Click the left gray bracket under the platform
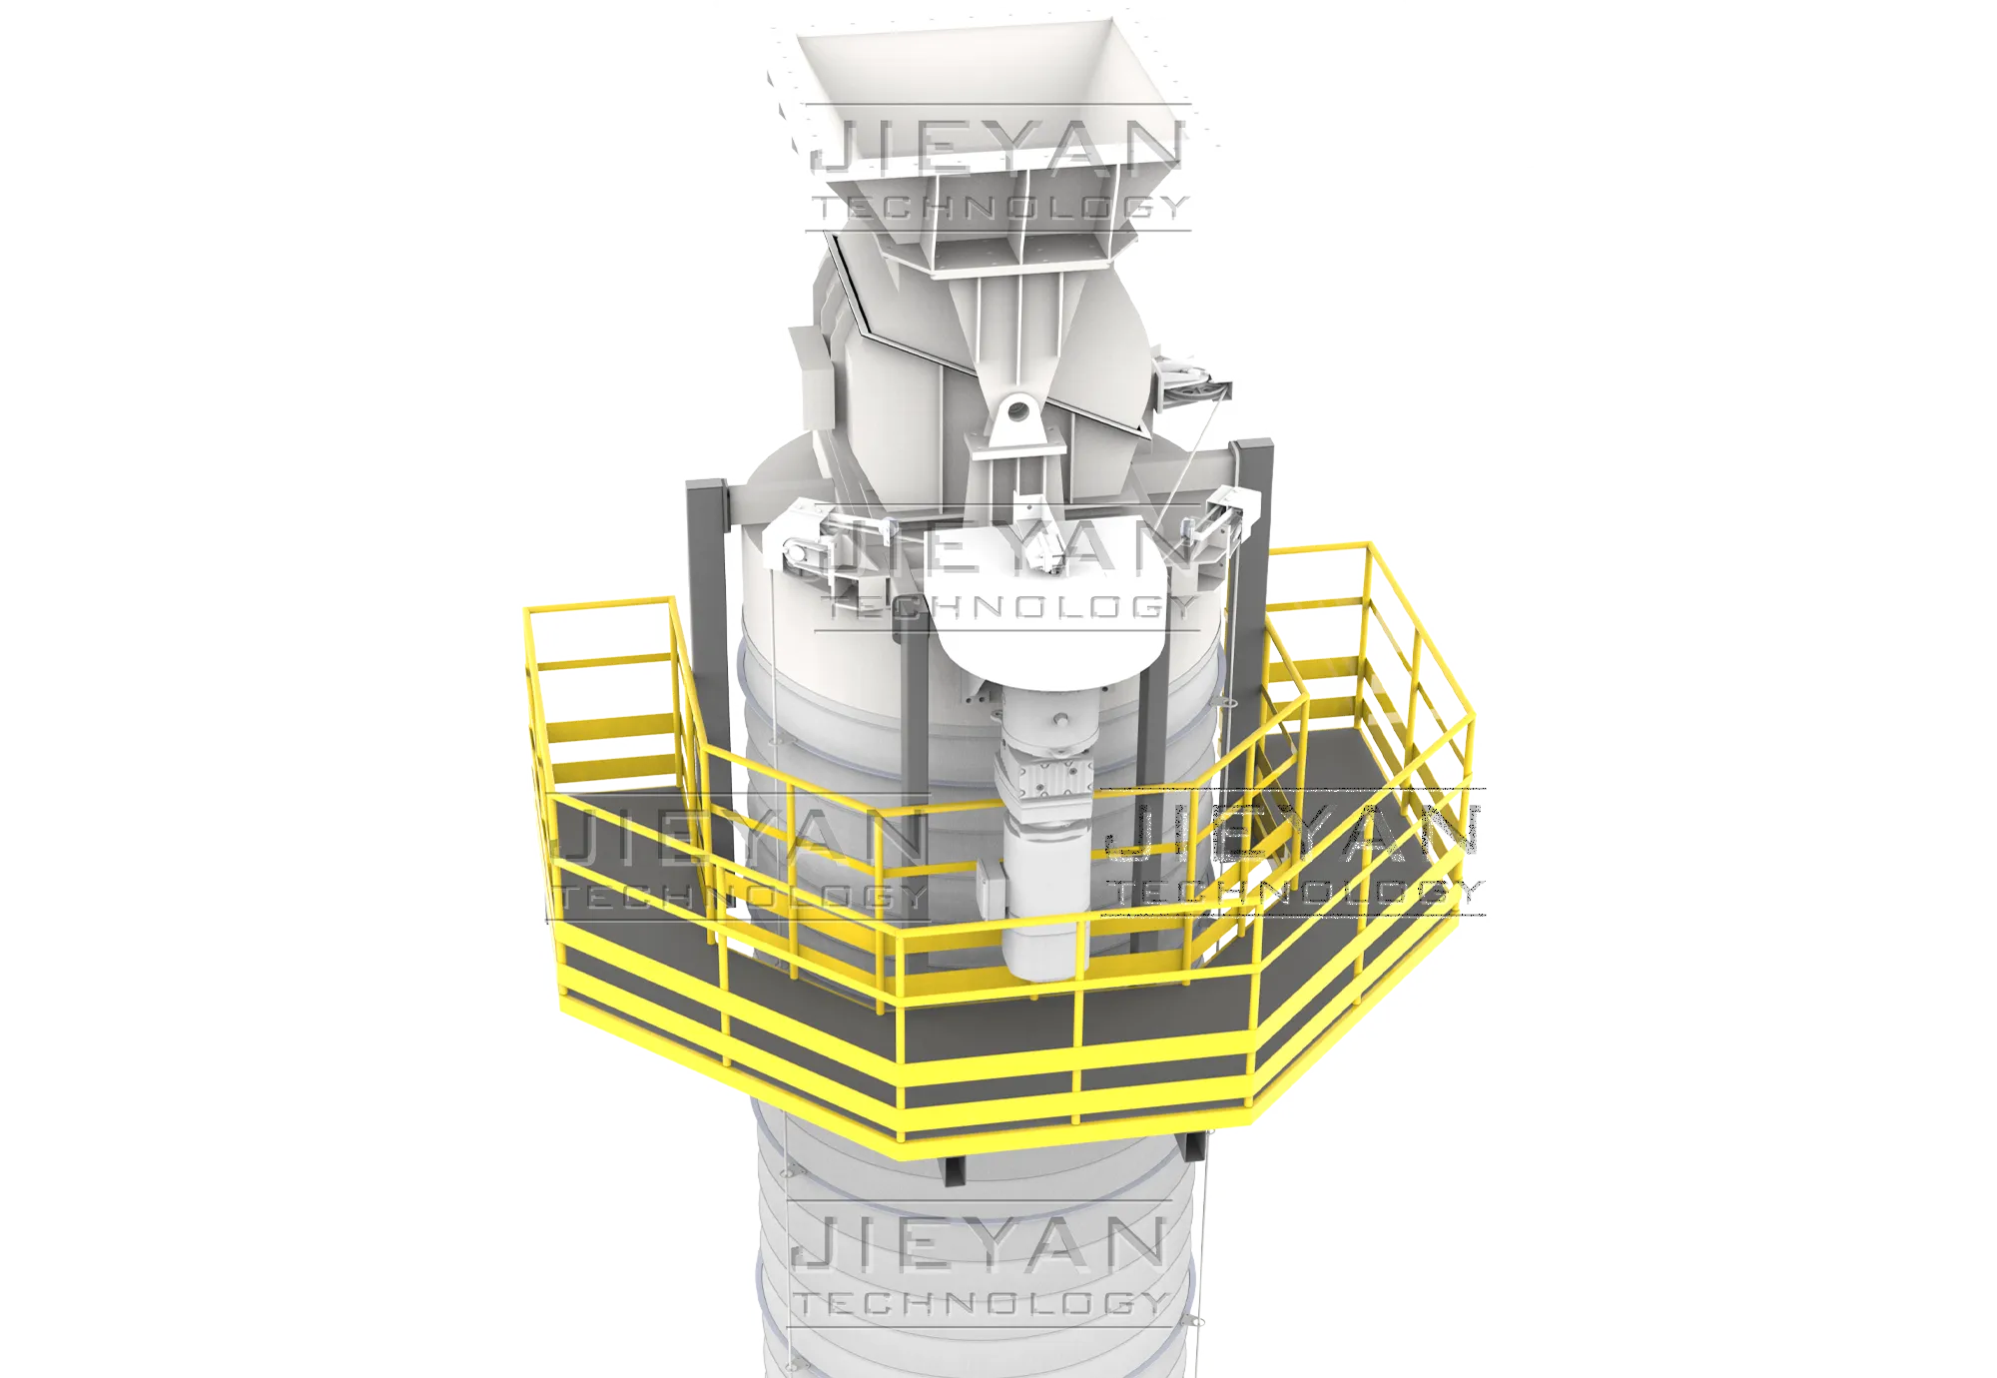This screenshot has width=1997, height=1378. point(955,1168)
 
